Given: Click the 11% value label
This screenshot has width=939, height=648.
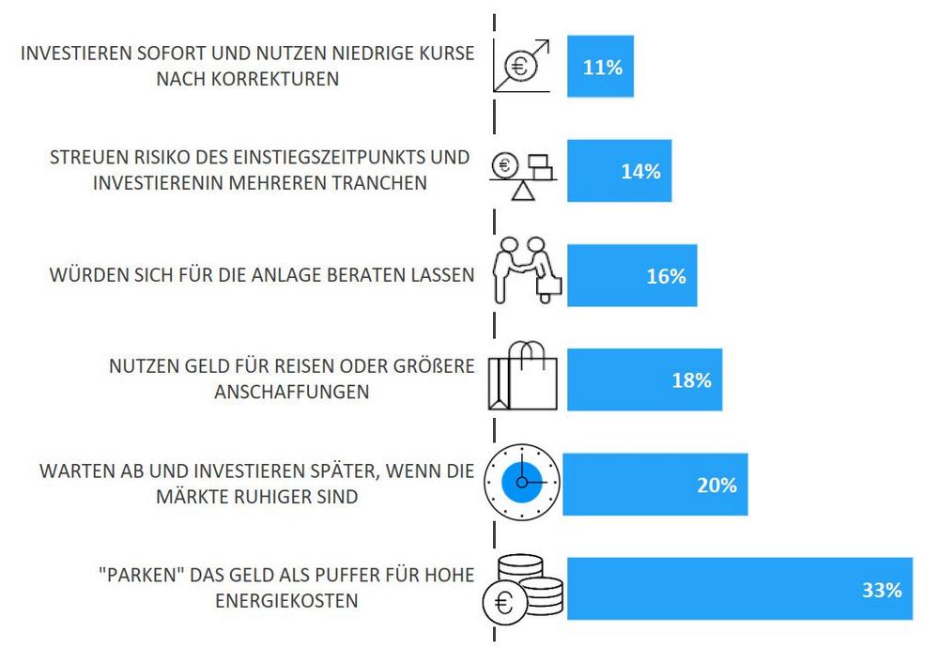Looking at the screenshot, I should pos(602,68).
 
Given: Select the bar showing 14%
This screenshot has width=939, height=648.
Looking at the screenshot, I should pos(619,171).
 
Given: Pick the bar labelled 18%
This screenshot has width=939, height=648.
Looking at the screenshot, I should pos(644,379).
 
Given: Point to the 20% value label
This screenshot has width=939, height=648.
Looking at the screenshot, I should pos(716,486).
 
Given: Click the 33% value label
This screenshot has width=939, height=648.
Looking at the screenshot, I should pos(881,590).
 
